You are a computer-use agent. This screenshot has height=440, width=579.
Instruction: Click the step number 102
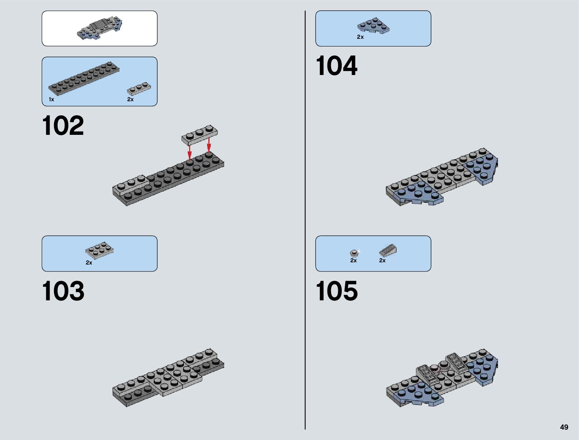pyautogui.click(x=63, y=126)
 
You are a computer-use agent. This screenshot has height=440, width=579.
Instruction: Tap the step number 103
pyautogui.click(x=63, y=291)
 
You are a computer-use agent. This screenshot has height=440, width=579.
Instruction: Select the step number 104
pyautogui.click(x=336, y=66)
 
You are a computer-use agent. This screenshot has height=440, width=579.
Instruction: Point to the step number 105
pyautogui.click(x=337, y=291)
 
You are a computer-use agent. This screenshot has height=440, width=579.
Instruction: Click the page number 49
pyautogui.click(x=564, y=427)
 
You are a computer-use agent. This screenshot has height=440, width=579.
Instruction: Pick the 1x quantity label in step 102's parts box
pyautogui.click(x=51, y=99)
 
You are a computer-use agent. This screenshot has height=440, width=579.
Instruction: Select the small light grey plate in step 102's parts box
pyautogui.click(x=139, y=89)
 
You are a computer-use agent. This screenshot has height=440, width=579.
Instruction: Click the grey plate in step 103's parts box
pyautogui.click(x=99, y=250)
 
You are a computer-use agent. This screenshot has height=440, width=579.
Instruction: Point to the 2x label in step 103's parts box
pyautogui.click(x=89, y=263)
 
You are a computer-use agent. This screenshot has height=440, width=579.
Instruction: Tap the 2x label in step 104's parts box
pyautogui.click(x=360, y=37)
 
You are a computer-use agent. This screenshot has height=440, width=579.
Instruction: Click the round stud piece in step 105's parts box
pyautogui.click(x=354, y=253)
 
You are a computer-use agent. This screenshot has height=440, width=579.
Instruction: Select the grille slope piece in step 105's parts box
pyautogui.click(x=388, y=251)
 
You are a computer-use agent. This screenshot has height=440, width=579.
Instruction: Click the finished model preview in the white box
pyautogui.click(x=99, y=28)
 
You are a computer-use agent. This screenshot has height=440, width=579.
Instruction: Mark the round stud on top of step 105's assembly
pyautogui.click(x=443, y=366)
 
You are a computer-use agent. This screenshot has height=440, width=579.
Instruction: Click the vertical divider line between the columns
pyautogui.click(x=305, y=222)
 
